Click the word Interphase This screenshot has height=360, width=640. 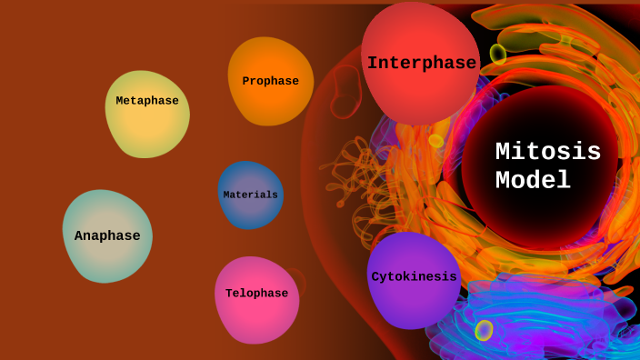tap(421, 64)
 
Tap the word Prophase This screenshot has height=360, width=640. tap(270, 81)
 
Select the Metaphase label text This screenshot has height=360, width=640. tap(147, 101)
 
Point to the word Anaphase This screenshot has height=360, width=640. tap(107, 236)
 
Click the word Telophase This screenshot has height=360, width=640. tap(256, 294)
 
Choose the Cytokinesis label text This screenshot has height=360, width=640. tap(414, 277)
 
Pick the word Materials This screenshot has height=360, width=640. tap(250, 195)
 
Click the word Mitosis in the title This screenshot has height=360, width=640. tap(548, 152)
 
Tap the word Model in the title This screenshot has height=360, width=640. tap(533, 181)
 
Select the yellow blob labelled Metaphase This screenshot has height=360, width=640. tap(147, 127)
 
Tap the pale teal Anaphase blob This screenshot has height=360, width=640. tap(107, 259)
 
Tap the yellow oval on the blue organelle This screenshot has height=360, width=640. tap(484, 330)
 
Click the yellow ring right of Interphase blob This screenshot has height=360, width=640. tap(498, 54)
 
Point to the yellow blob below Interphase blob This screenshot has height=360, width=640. tap(435, 141)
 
